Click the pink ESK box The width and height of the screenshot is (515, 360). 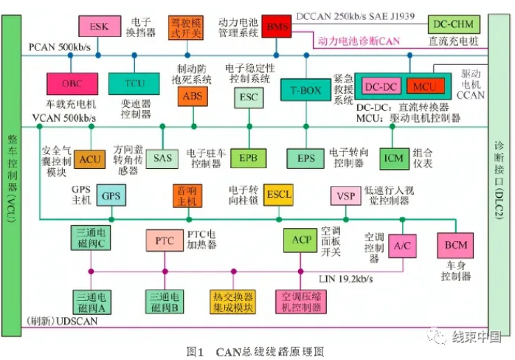[99, 27]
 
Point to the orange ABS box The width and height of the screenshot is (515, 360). [190, 96]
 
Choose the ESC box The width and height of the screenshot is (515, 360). [247, 96]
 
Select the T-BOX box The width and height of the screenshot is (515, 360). [305, 91]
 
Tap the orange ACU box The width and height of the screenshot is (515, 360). [91, 157]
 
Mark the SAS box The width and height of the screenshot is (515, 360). [162, 157]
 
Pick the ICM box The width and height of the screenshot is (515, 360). [395, 157]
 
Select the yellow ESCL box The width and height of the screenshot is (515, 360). [280, 195]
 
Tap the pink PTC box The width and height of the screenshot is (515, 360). [164, 240]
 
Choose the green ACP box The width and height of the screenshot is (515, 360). [300, 240]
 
